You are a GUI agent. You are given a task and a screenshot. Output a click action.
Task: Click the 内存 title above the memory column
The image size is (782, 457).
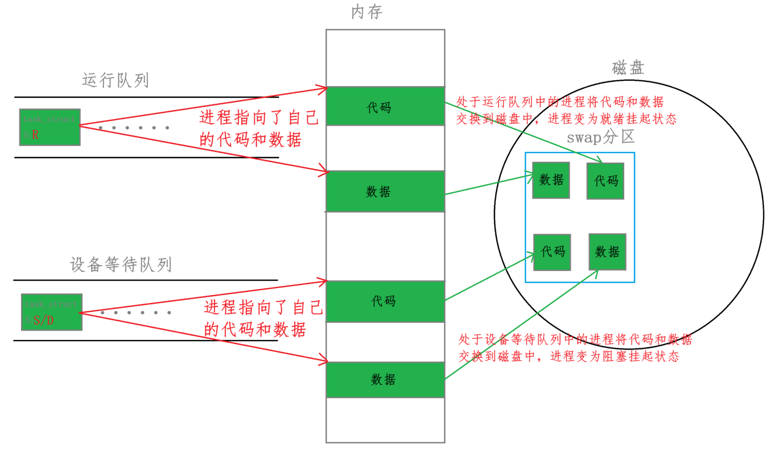coord(367,12)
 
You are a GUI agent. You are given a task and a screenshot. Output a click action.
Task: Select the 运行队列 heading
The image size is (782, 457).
coord(115,80)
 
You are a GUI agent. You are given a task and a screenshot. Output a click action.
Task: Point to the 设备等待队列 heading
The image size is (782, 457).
coord(121,265)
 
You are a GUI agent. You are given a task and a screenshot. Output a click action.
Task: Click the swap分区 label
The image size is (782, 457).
coord(600,137)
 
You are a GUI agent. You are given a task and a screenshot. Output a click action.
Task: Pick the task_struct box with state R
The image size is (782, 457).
coord(50,127)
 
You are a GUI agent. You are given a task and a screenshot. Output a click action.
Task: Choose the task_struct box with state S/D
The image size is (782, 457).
coord(52,312)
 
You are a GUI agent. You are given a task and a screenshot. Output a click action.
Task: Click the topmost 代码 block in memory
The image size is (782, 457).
coord(385,106)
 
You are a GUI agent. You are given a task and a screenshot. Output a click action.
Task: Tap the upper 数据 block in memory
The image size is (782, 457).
coord(385,191)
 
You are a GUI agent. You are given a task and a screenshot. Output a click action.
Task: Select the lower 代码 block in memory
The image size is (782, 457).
coord(385,301)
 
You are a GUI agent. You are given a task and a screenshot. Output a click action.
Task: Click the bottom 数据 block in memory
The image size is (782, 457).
coord(385,380)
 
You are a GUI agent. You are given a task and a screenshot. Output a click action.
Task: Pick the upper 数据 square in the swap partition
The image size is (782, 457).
coord(551,180)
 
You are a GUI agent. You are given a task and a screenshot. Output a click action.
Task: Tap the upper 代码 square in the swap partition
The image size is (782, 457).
coord(605,181)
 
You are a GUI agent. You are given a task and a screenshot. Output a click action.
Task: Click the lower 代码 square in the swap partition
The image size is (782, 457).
coord(552,252)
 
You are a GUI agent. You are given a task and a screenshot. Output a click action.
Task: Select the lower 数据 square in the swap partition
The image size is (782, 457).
coord(607,252)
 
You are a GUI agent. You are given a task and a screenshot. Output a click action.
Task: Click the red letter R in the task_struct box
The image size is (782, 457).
coord(35,135)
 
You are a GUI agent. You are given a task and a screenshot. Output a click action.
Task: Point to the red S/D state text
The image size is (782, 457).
coord(44,320)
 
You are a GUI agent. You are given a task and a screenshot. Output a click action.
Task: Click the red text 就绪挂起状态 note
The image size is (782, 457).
coord(566,110)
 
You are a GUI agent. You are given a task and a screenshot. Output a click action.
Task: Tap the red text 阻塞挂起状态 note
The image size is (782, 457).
coord(574,348)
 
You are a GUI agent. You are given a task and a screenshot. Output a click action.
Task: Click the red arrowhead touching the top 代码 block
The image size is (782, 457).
coord(323,89)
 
